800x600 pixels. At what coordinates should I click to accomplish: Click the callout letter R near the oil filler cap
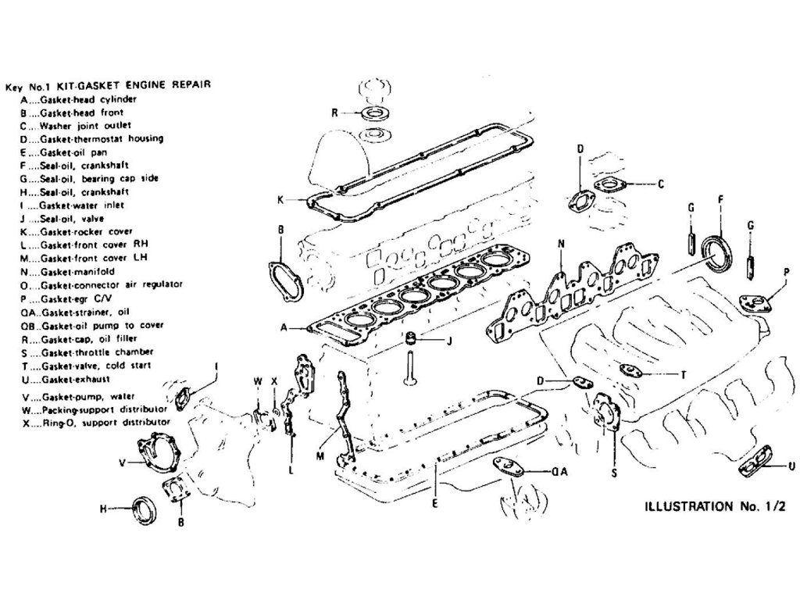pyautogui.click(x=334, y=112)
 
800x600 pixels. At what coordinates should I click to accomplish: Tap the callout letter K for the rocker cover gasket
pyautogui.click(x=280, y=200)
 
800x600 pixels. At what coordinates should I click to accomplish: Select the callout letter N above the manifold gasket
pyautogui.click(x=561, y=245)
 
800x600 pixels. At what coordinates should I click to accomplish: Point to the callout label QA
pyautogui.click(x=559, y=472)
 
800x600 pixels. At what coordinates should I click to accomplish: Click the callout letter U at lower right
pyautogui.click(x=791, y=466)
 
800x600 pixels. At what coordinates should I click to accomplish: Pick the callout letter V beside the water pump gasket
pyautogui.click(x=122, y=462)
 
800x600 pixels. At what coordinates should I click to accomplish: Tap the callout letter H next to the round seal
pyautogui.click(x=102, y=509)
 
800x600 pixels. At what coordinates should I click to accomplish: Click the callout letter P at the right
pyautogui.click(x=786, y=271)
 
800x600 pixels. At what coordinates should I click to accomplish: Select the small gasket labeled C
pyautogui.click(x=609, y=185)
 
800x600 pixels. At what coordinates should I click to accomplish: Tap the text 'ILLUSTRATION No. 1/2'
pyautogui.click(x=713, y=505)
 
